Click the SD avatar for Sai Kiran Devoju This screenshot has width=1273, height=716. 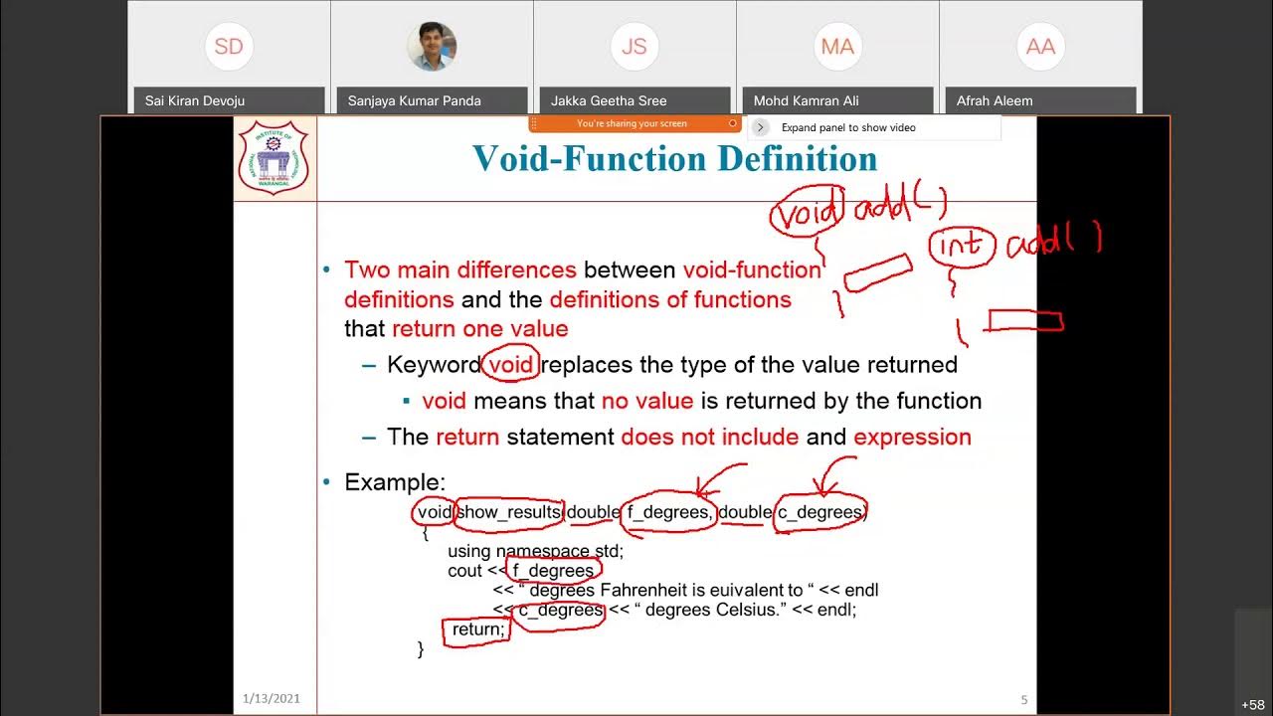[229, 47]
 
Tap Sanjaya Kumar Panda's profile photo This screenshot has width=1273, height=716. [432, 47]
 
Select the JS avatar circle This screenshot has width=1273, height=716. [635, 47]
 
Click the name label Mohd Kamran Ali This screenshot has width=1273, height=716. [806, 100]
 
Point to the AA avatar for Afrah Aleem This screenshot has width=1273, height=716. [1040, 47]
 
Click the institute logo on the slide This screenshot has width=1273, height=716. [273, 157]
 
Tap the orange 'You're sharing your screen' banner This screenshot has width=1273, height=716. [633, 124]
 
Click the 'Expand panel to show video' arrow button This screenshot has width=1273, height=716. [760, 127]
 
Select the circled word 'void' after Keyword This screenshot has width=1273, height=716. [511, 365]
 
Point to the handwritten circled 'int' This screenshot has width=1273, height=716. [962, 245]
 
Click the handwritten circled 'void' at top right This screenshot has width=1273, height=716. [808, 213]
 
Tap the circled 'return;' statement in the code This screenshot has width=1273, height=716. [477, 629]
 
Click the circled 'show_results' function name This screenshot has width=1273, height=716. [508, 512]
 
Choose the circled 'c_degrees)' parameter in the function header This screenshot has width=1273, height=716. [821, 512]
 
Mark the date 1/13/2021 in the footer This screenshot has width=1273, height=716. [272, 699]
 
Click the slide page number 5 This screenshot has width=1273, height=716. [1024, 700]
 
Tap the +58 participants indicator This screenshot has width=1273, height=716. [1252, 705]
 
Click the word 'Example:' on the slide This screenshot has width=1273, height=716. [395, 482]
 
